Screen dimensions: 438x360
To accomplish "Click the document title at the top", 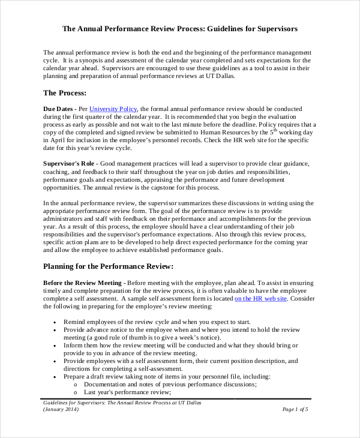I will (x=179, y=28).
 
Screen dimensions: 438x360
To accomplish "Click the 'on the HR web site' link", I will (x=260, y=298).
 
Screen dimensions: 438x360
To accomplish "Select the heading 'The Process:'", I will (x=65, y=93).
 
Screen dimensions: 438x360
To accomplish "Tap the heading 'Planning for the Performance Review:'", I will (x=109, y=266).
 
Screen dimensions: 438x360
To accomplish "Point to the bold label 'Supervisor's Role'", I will (x=69, y=164).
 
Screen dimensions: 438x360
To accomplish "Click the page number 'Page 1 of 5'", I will (x=295, y=409).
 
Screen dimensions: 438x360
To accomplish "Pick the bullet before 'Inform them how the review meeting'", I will (x=55, y=345).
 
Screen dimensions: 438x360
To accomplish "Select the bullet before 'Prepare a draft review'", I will (x=55, y=376).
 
